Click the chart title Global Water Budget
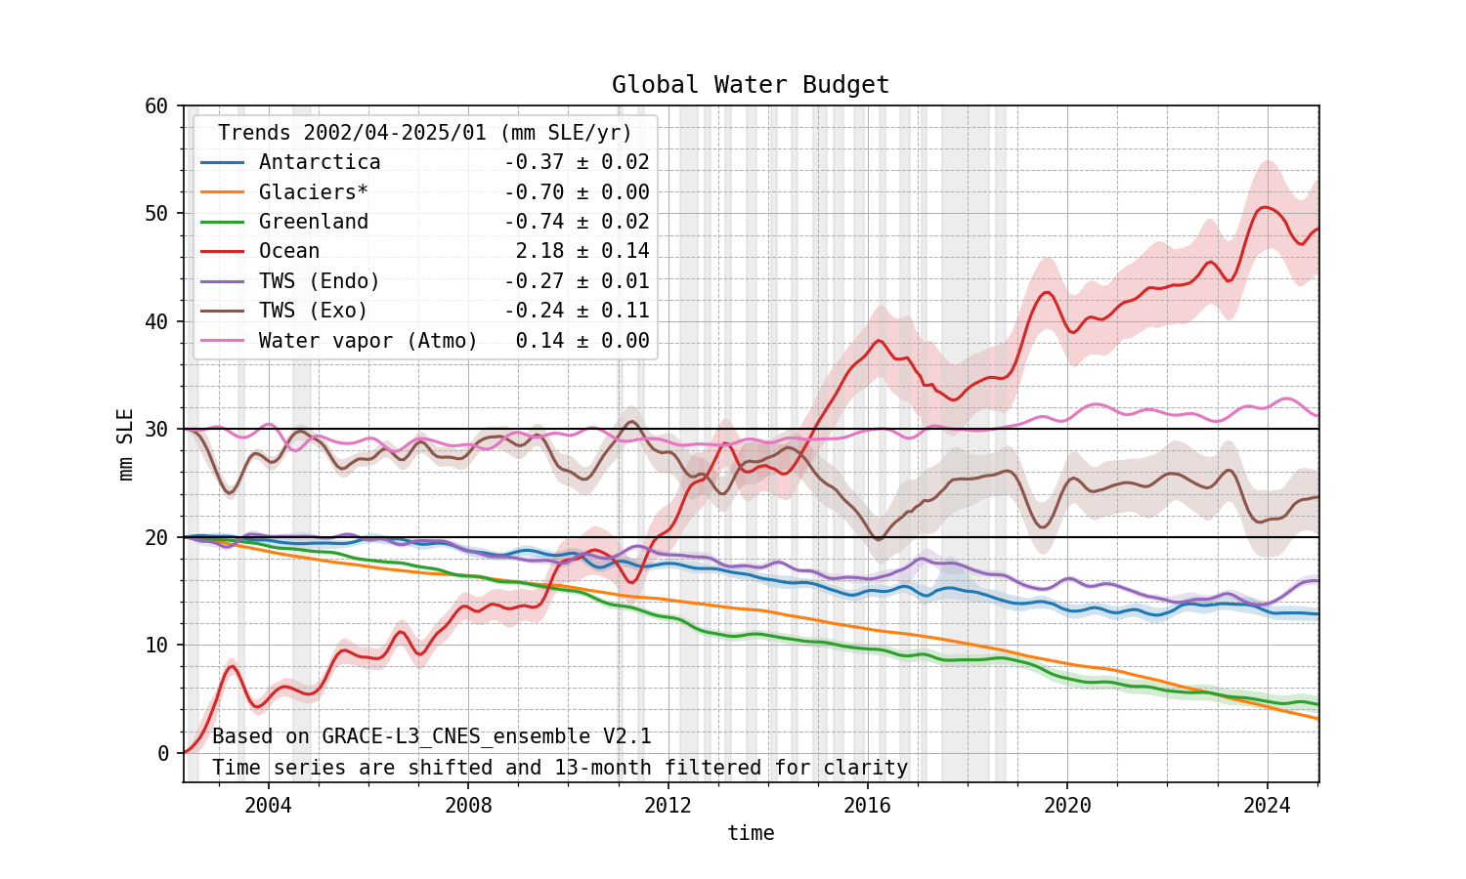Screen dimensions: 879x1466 [x=751, y=85]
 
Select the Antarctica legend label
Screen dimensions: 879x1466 [x=320, y=162]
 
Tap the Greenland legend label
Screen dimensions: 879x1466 [x=314, y=222]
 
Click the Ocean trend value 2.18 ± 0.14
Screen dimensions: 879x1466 [x=582, y=251]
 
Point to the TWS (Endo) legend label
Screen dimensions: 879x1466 [x=320, y=281]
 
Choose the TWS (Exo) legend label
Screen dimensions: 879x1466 [x=314, y=311]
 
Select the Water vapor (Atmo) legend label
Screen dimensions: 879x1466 [x=368, y=341]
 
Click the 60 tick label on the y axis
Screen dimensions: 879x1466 [x=156, y=105]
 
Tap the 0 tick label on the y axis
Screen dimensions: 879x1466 [x=163, y=753]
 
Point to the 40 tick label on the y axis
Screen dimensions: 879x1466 [x=156, y=321]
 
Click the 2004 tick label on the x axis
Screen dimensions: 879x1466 [x=268, y=806]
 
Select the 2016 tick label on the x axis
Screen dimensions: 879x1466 [x=868, y=806]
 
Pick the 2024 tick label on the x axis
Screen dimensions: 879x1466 [x=1268, y=806]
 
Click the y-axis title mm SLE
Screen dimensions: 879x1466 [x=126, y=444]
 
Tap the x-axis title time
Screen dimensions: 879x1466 [x=751, y=833]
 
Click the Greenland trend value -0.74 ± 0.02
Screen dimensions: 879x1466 [x=577, y=222]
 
